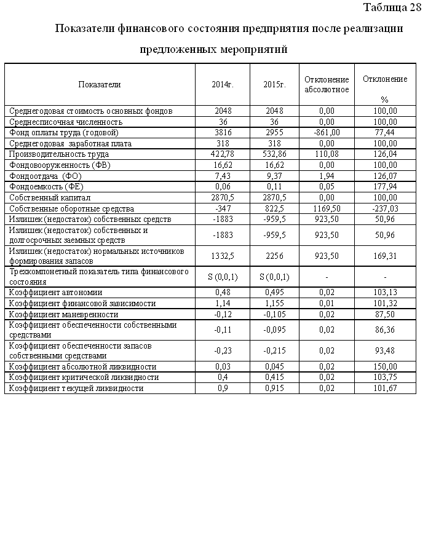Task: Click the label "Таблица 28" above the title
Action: (x=392, y=7)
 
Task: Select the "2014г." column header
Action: (x=223, y=84)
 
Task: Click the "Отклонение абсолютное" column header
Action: (x=327, y=85)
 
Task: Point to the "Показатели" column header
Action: (x=100, y=84)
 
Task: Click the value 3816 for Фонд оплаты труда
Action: (x=223, y=132)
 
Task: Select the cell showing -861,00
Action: (x=327, y=132)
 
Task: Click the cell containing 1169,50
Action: (x=327, y=209)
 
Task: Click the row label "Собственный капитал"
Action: (x=50, y=198)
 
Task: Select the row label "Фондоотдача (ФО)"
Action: (x=46, y=176)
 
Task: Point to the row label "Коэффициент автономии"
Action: (x=56, y=293)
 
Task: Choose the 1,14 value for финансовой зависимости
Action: (x=223, y=304)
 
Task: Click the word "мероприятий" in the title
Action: (x=253, y=49)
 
